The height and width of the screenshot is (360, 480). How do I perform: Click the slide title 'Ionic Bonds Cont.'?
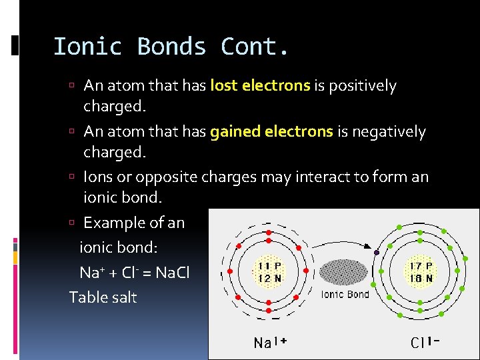[x=171, y=47]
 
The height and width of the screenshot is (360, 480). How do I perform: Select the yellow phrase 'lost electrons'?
[x=260, y=86]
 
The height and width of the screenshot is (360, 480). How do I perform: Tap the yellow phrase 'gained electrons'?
[x=271, y=132]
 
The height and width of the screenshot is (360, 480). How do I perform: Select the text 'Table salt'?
[x=103, y=297]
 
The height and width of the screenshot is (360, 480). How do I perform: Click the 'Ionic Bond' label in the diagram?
[x=345, y=294]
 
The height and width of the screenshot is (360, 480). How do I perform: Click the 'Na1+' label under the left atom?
[x=269, y=343]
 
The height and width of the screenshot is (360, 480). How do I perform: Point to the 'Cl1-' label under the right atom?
[x=425, y=343]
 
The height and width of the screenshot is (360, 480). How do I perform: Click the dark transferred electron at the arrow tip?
[x=377, y=253]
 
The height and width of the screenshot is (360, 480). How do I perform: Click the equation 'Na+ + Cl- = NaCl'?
[x=134, y=273]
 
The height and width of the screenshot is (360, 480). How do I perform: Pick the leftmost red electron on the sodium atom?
[x=229, y=272]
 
